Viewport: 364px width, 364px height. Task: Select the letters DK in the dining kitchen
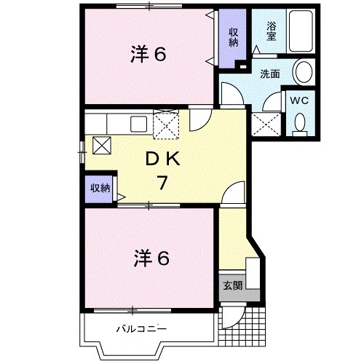pos(165,159)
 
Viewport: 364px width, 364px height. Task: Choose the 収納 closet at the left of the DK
pos(100,188)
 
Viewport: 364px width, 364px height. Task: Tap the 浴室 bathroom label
pos(271,31)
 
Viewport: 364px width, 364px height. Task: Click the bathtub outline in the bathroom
pos(300,32)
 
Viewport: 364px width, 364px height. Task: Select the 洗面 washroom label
pos(270,74)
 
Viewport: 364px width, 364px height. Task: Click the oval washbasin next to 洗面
pos(304,72)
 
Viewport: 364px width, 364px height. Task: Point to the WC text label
pos(300,100)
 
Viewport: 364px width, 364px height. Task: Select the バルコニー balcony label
pos(142,329)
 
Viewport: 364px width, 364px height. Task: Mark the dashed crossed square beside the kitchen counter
pos(166,123)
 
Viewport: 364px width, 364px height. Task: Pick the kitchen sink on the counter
pos(139,123)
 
